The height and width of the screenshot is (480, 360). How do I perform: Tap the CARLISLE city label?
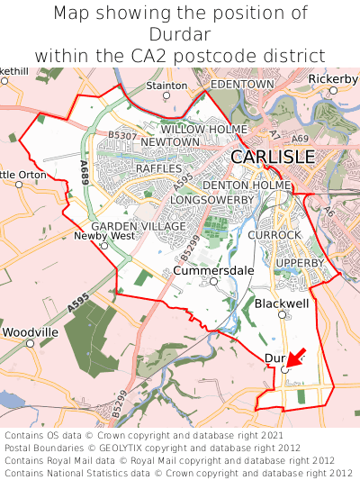[273, 157]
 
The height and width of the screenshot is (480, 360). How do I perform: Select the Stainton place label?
[167, 86]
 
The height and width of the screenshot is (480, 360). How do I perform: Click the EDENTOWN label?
[241, 84]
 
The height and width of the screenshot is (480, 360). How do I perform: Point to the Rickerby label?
[333, 79]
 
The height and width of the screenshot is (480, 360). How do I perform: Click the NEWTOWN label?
[170, 142]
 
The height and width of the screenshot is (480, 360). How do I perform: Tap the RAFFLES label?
[158, 168]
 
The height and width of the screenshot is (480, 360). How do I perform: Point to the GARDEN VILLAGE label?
[139, 226]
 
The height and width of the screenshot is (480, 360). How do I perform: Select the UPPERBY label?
[300, 263]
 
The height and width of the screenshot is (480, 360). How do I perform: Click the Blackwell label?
[282, 304]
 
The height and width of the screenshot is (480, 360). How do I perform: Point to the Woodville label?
[30, 332]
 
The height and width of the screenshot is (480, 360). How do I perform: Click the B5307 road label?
[122, 135]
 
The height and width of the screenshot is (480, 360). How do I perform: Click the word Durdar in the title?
[180, 34]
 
